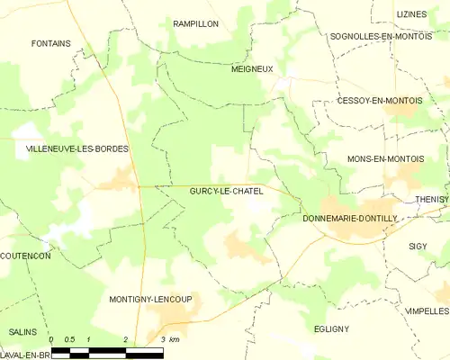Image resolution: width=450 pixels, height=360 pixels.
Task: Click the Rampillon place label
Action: click(195, 23)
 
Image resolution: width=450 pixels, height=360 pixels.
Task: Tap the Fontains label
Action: click(50, 42)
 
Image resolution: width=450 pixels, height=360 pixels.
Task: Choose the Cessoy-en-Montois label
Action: click(379, 100)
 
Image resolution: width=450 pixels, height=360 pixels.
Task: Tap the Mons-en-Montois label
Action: click(385, 158)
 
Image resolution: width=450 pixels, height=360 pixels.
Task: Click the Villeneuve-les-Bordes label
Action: click(65, 148)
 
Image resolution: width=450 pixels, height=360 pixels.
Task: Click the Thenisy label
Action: click(432, 199)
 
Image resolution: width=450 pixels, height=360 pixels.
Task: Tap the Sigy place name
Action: click(418, 245)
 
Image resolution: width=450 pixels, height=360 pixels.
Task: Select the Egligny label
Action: click(332, 328)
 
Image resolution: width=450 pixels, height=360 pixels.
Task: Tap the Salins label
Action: click(22, 331)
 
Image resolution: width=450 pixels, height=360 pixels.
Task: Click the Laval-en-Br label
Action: click(23, 355)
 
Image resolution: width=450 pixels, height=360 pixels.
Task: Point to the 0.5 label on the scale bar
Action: click(69, 339)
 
